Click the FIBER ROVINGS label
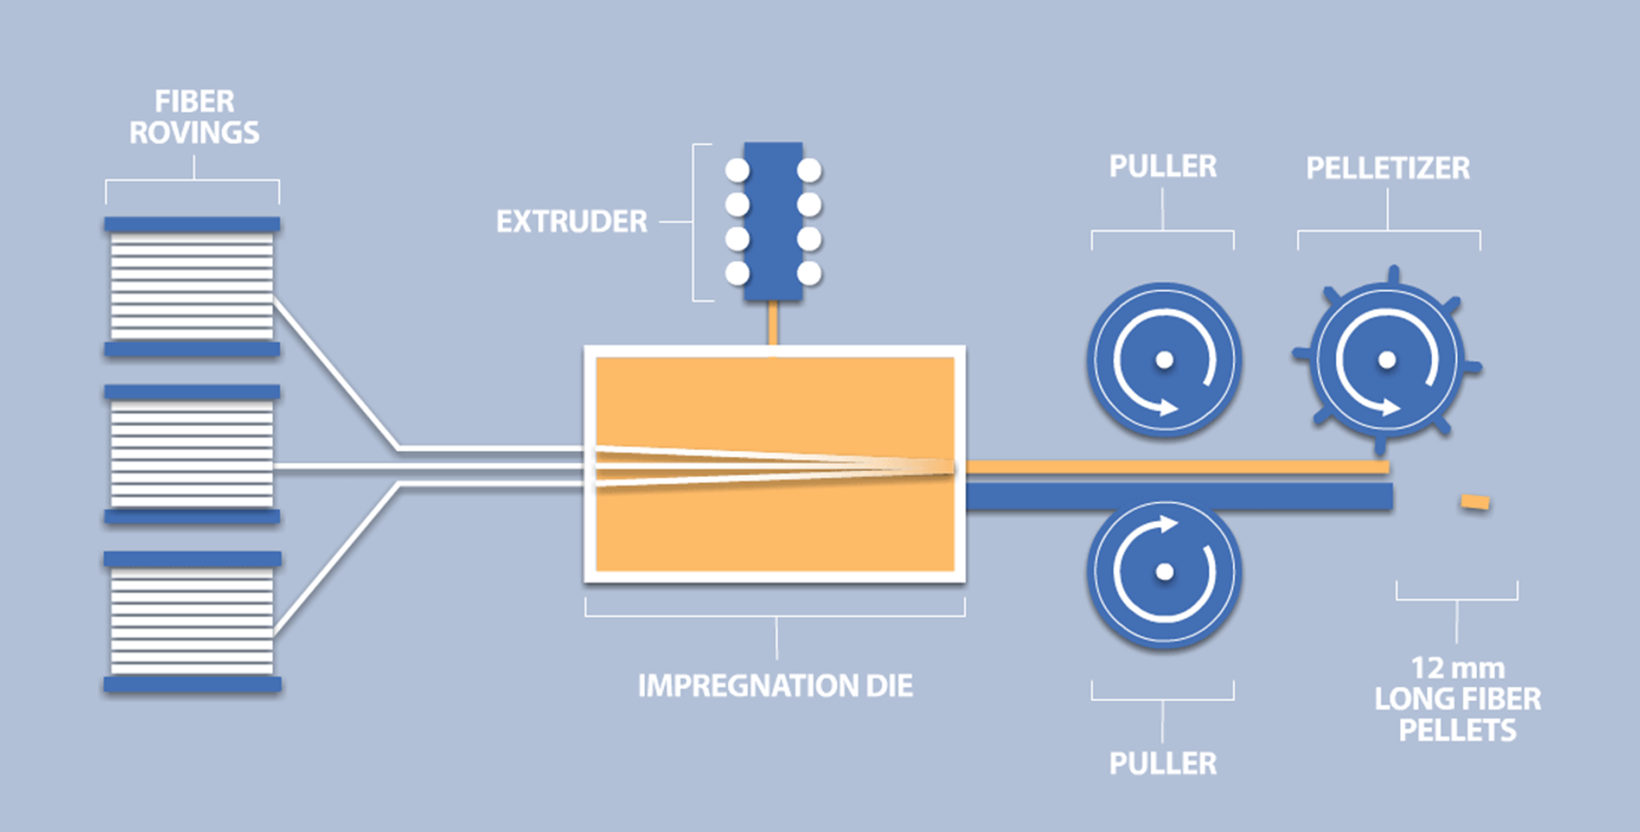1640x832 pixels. (194, 117)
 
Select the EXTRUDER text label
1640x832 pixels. (571, 222)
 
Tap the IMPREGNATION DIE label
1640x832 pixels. (775, 686)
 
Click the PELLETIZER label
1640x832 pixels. (1387, 168)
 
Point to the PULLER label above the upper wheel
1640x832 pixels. (1163, 167)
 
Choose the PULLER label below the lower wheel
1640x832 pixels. (1163, 764)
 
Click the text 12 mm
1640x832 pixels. (1457, 668)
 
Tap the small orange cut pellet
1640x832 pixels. (1475, 502)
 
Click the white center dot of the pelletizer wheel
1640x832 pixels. (1387, 360)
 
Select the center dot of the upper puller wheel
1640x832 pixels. (1164, 360)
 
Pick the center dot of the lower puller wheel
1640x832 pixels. (1164, 572)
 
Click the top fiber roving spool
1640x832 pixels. (192, 287)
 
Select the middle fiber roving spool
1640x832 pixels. (192, 454)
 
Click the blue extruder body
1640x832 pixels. (773, 222)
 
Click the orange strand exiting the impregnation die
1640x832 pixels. (1163, 467)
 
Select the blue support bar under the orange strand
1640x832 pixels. (1178, 497)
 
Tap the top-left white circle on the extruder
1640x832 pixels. (737, 170)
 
